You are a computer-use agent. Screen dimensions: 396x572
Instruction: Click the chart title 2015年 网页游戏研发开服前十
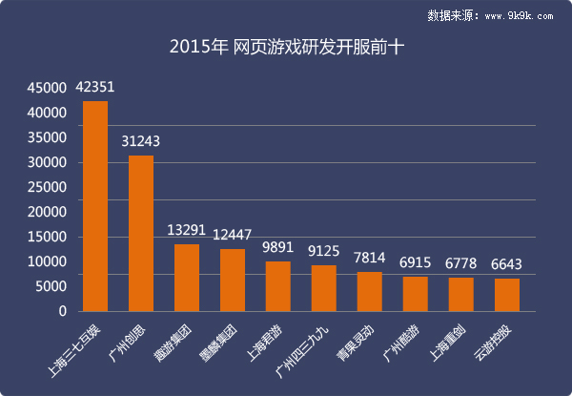(x=286, y=46)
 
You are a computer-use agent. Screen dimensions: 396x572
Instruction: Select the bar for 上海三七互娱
(x=95, y=205)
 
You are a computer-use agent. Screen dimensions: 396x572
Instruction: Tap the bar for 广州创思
(x=141, y=233)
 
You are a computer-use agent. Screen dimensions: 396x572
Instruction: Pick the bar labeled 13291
(x=187, y=278)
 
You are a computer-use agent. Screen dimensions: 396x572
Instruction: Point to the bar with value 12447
(x=233, y=280)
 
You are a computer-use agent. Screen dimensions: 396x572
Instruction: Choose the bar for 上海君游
(x=278, y=286)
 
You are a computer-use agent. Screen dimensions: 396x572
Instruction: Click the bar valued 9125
(x=324, y=288)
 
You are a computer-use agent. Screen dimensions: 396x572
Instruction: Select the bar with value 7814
(x=370, y=291)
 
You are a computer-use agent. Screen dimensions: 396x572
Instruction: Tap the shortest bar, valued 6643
(x=507, y=294)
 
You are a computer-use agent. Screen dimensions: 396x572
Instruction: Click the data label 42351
(x=95, y=88)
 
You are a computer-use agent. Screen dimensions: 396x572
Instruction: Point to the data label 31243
(x=141, y=141)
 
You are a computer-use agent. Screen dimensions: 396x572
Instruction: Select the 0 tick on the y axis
(x=62, y=311)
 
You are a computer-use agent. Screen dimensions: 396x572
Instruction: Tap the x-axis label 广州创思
(x=131, y=334)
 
